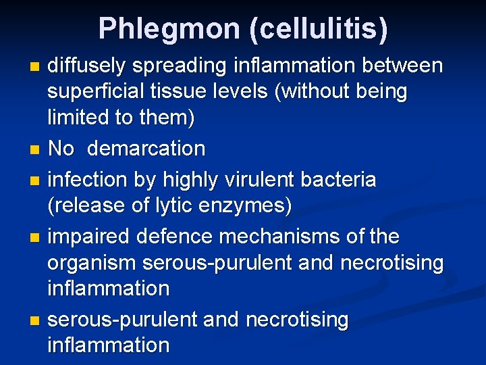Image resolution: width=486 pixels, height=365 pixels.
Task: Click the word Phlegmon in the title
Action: [x=169, y=28]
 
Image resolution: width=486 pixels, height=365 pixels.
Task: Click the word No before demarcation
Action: [x=61, y=148]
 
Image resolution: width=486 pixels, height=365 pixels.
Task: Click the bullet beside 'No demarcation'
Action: [x=36, y=149]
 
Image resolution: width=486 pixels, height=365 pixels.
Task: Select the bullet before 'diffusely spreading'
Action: [x=36, y=66]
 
